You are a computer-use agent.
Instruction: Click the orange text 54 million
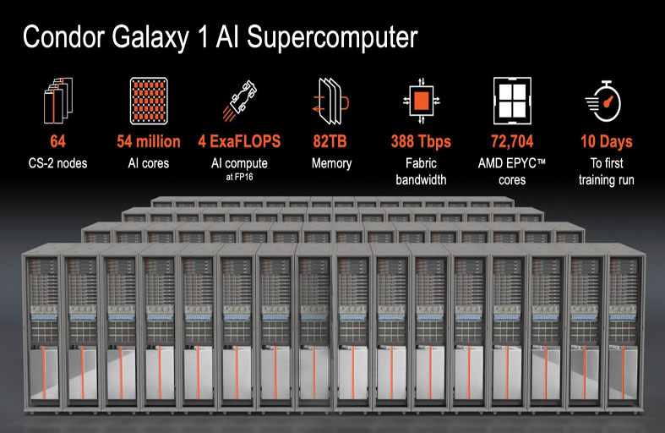pyautogui.click(x=148, y=141)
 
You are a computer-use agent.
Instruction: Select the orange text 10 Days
pyautogui.click(x=606, y=141)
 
